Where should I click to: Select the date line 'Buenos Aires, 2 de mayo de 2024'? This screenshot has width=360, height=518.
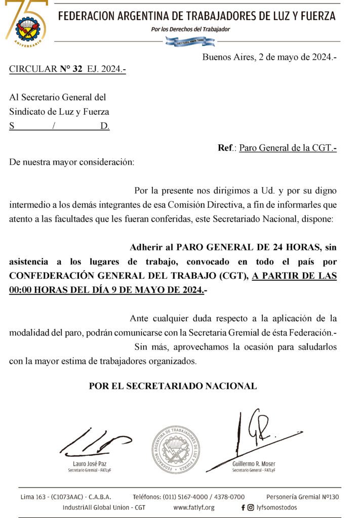click(x=269, y=57)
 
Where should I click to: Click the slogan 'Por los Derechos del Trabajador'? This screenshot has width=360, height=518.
click(x=190, y=29)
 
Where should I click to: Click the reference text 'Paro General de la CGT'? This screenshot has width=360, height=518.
click(x=288, y=148)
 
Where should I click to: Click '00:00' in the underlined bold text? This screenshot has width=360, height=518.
click(x=22, y=290)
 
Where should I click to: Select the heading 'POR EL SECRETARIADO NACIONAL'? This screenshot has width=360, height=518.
click(x=173, y=386)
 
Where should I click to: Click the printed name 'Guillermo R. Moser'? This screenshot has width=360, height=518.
click(x=254, y=464)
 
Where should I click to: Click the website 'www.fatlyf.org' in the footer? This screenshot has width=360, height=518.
click(x=194, y=507)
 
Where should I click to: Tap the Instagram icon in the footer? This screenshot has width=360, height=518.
click(x=251, y=507)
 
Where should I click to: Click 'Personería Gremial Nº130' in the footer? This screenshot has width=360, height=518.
click(x=302, y=497)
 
